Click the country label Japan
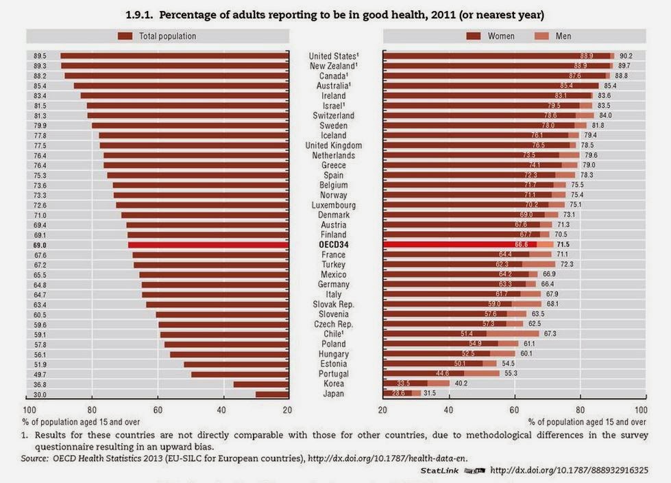333,394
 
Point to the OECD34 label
333,244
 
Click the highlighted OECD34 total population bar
207,244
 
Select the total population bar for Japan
271,394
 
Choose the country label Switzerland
333,116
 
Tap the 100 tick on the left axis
28,410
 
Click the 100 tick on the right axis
642,410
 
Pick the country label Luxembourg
333,205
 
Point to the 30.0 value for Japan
40,394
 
